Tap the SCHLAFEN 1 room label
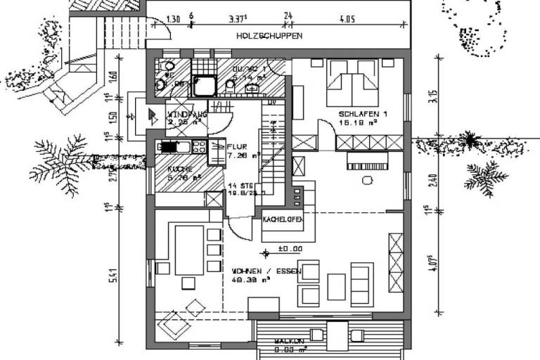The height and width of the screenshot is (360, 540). pyautogui.click(x=363, y=114)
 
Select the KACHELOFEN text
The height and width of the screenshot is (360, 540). pyautogui.click(x=283, y=221)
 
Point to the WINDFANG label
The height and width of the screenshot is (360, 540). pyautogui.click(x=186, y=115)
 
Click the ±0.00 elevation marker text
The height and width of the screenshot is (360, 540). pyautogui.click(x=290, y=248)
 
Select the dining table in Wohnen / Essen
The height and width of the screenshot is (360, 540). pyautogui.click(x=188, y=249)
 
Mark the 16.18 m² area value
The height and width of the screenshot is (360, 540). pyautogui.click(x=363, y=122)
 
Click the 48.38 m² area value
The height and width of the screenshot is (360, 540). pyautogui.click(x=252, y=278)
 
